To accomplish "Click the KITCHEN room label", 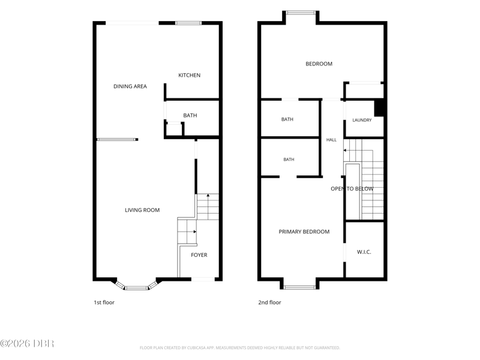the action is [x=189, y=76].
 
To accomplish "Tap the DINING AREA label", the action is [x=130, y=86].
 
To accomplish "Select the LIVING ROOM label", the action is [x=142, y=210].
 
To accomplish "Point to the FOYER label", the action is [x=199, y=255].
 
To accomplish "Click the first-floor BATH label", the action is [x=190, y=115].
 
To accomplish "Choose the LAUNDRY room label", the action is [x=362, y=121].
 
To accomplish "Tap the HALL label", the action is [x=331, y=140].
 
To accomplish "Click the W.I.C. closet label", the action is [x=364, y=252].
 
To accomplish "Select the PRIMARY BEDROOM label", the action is [x=304, y=232].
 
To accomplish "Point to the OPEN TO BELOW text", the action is [x=352, y=189].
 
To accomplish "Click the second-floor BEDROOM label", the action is [x=319, y=64].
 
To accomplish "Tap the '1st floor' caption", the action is [x=104, y=302].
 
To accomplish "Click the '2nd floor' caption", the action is [x=269, y=302].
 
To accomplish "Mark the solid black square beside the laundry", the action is [x=379, y=108].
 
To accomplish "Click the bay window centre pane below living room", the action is [x=137, y=288].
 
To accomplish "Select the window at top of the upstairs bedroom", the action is [x=301, y=13].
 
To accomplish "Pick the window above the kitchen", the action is [x=188, y=23].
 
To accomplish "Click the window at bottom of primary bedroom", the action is [x=299, y=287].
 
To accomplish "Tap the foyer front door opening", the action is [x=203, y=279].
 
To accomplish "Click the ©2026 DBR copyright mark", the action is [x=27, y=343].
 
